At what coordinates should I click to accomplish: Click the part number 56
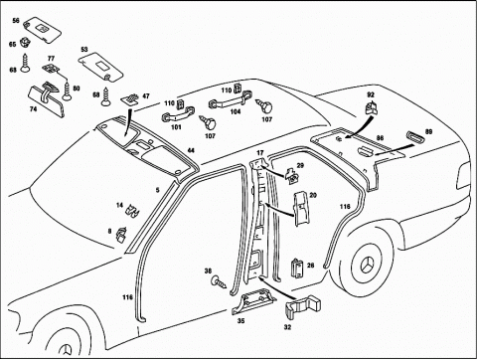pos(16,21)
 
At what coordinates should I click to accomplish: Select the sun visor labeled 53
pos(100,67)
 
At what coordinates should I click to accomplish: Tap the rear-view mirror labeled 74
pos(46,98)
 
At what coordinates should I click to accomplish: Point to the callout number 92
pos(371,94)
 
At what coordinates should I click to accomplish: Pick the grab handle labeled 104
pos(230,100)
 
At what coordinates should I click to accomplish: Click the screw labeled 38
pos(219,282)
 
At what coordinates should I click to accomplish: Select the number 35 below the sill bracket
pos(240,321)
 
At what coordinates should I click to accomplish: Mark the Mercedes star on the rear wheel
pos(368,265)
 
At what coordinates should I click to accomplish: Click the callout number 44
pos(191,150)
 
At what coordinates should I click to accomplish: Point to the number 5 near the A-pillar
pos(158,190)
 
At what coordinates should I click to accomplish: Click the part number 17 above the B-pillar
pos(260,153)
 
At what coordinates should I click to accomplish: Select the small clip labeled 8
pos(121,235)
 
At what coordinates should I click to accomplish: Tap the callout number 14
pos(119,206)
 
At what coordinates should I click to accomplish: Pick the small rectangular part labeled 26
pos(297,269)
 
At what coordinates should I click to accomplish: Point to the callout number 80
pos(77,89)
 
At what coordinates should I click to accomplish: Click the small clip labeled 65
pos(25,42)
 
